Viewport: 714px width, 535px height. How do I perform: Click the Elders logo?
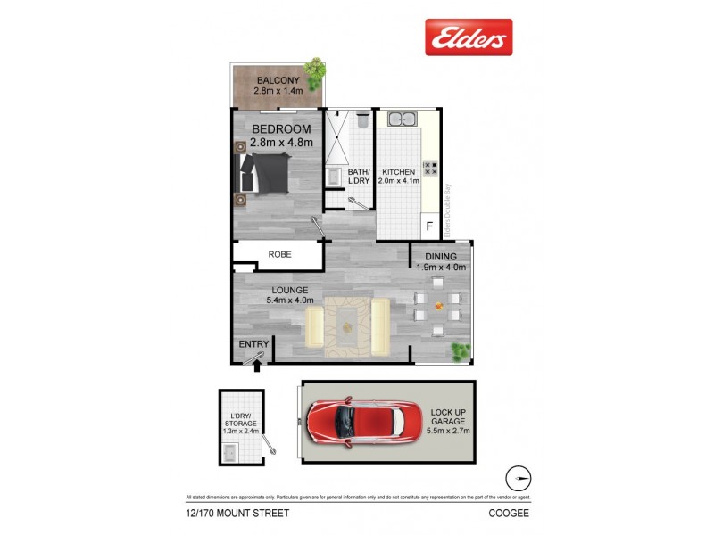[468, 37]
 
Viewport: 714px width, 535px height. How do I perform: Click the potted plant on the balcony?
[314, 67]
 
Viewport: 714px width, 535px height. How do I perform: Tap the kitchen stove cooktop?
[429, 167]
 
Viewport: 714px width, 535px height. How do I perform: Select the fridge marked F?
[429, 226]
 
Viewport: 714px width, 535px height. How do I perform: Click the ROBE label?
[278, 255]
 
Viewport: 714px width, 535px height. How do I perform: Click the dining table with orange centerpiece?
[437, 307]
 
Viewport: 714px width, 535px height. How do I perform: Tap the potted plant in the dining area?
[461, 351]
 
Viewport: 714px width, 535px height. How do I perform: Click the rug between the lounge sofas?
[347, 324]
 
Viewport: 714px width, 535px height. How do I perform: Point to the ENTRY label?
[253, 344]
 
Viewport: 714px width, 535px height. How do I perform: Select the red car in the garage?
[363, 423]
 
